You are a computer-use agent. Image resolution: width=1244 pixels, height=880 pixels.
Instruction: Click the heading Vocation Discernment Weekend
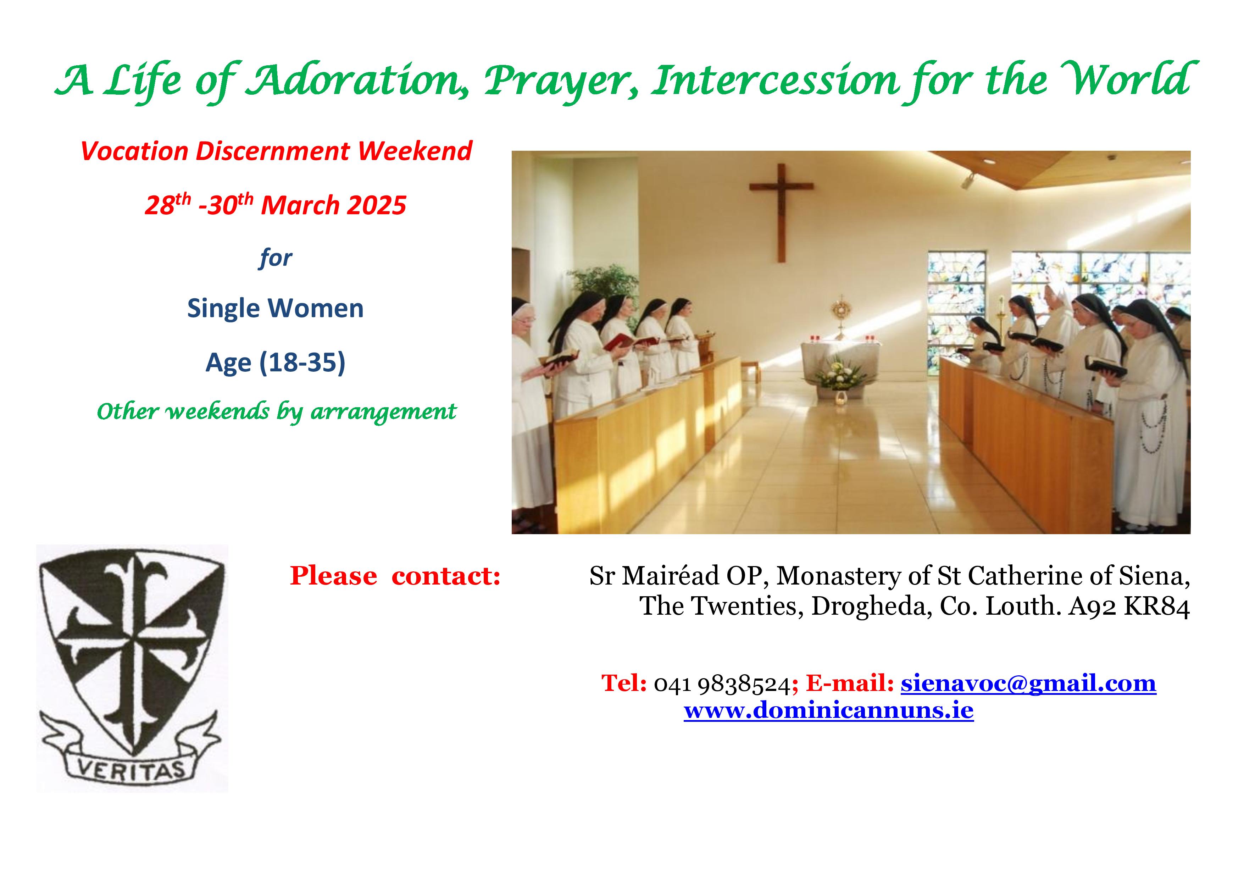click(x=276, y=151)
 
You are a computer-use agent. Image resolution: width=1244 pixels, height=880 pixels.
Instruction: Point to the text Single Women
click(x=275, y=308)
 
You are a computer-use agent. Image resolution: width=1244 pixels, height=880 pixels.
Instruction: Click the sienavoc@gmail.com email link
click(x=1028, y=683)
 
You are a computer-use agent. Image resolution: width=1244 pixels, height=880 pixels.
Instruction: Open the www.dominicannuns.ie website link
click(x=828, y=710)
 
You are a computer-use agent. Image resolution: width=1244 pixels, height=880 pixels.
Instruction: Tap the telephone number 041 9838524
click(x=722, y=684)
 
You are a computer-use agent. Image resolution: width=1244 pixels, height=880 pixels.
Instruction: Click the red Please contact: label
click(x=395, y=575)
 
